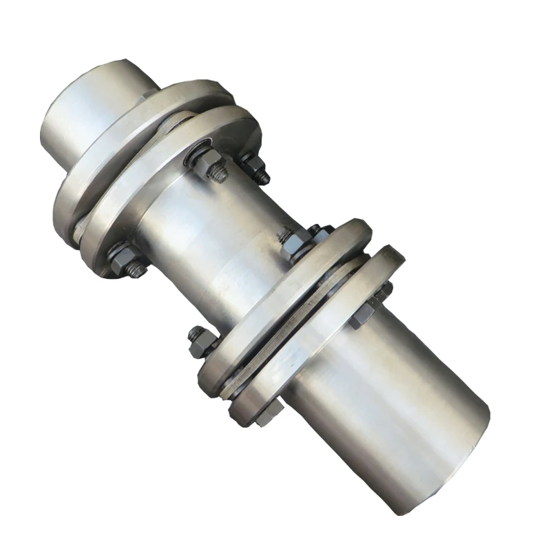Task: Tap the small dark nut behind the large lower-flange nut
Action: point(318,230)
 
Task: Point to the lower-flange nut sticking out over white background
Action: point(200,340)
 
